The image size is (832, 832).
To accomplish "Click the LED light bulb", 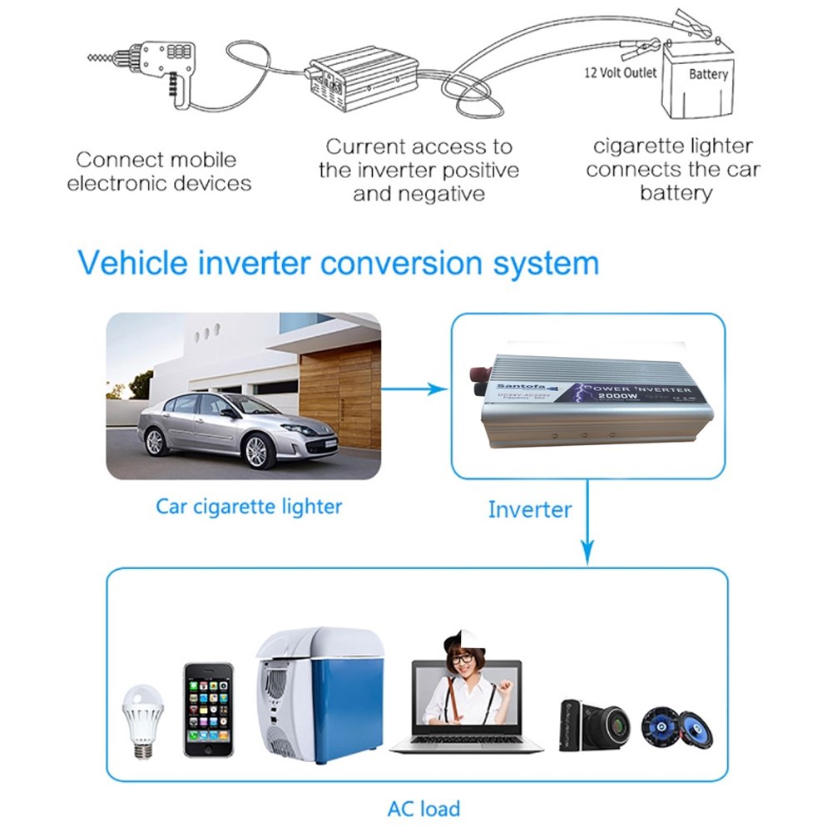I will click(142, 721).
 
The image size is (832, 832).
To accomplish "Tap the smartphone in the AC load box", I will click(208, 710).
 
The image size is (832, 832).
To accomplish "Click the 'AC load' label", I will click(423, 808).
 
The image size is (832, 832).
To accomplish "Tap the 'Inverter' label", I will click(529, 509).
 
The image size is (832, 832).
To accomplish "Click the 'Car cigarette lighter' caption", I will click(249, 506).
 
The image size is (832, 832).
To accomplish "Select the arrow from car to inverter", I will click(414, 389).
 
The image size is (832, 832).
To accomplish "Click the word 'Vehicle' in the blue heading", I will click(136, 263).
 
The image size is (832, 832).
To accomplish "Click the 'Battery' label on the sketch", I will click(708, 74).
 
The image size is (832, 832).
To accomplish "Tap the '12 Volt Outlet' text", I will click(620, 73).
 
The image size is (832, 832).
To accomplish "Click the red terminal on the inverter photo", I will click(482, 373).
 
